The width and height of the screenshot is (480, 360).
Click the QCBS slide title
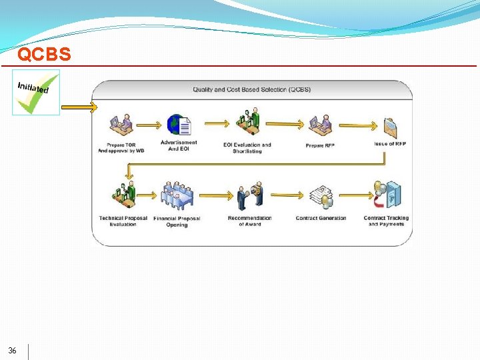coord(44,54)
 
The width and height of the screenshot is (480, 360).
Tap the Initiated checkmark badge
coord(35,92)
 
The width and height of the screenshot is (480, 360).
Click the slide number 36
coord(13,351)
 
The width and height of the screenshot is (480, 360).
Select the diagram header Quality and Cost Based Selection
coord(251,89)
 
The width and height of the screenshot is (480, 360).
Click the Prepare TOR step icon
coord(121,124)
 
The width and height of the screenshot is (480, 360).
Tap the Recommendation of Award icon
coord(250,195)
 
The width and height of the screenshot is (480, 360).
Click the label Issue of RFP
coord(390,144)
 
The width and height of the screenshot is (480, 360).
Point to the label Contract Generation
coord(321,218)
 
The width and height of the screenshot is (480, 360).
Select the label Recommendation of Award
coord(250,221)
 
